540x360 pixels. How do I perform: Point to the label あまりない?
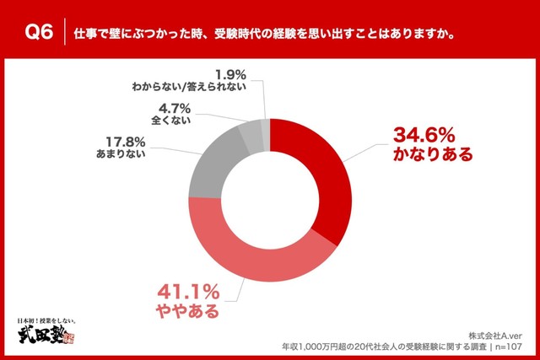pos(121,154)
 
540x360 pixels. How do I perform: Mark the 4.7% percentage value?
pos(174,107)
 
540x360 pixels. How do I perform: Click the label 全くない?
pos(174,120)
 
